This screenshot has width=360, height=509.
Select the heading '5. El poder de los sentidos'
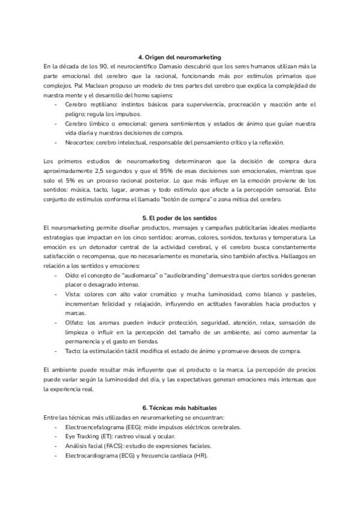coord(180,217)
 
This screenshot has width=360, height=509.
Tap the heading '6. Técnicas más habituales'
coord(180,408)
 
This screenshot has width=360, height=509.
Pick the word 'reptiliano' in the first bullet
coord(97,104)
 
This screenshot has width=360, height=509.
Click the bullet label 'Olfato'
coord(74,323)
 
